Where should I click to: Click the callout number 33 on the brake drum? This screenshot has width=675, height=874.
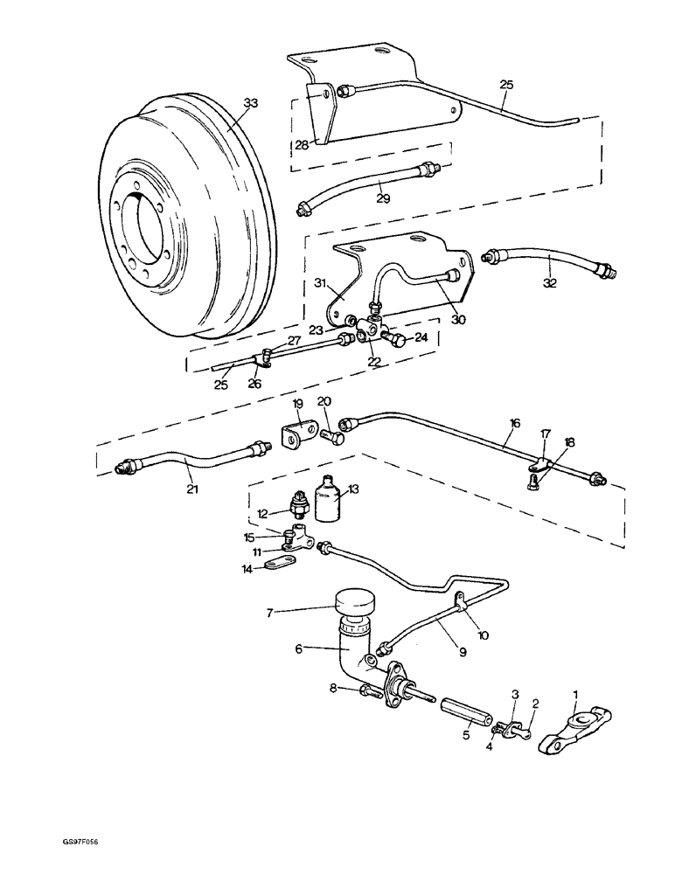tap(251, 103)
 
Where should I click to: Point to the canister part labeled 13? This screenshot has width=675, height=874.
tap(328, 501)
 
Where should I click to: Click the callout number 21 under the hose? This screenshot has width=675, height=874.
tap(191, 489)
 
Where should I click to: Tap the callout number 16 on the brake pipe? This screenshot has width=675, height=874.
tap(515, 422)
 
